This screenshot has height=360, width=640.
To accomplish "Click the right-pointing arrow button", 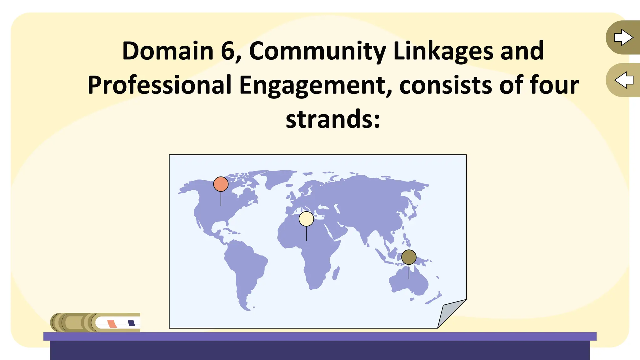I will pyautogui.click(x=623, y=37).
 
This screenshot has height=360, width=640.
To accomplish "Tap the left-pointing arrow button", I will pyautogui.click(x=623, y=80).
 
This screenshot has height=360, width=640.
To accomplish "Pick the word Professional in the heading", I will pyautogui.click(x=159, y=85).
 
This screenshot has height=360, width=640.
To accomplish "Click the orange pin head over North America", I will pyautogui.click(x=221, y=184).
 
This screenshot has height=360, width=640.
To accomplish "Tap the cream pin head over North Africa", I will pyautogui.click(x=306, y=219).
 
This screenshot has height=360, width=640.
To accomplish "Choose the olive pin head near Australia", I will pyautogui.click(x=409, y=257).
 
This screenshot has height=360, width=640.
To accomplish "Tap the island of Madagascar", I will pyautogui.click(x=336, y=273).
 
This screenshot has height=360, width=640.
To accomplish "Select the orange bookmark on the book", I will pyautogui.click(x=112, y=323).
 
